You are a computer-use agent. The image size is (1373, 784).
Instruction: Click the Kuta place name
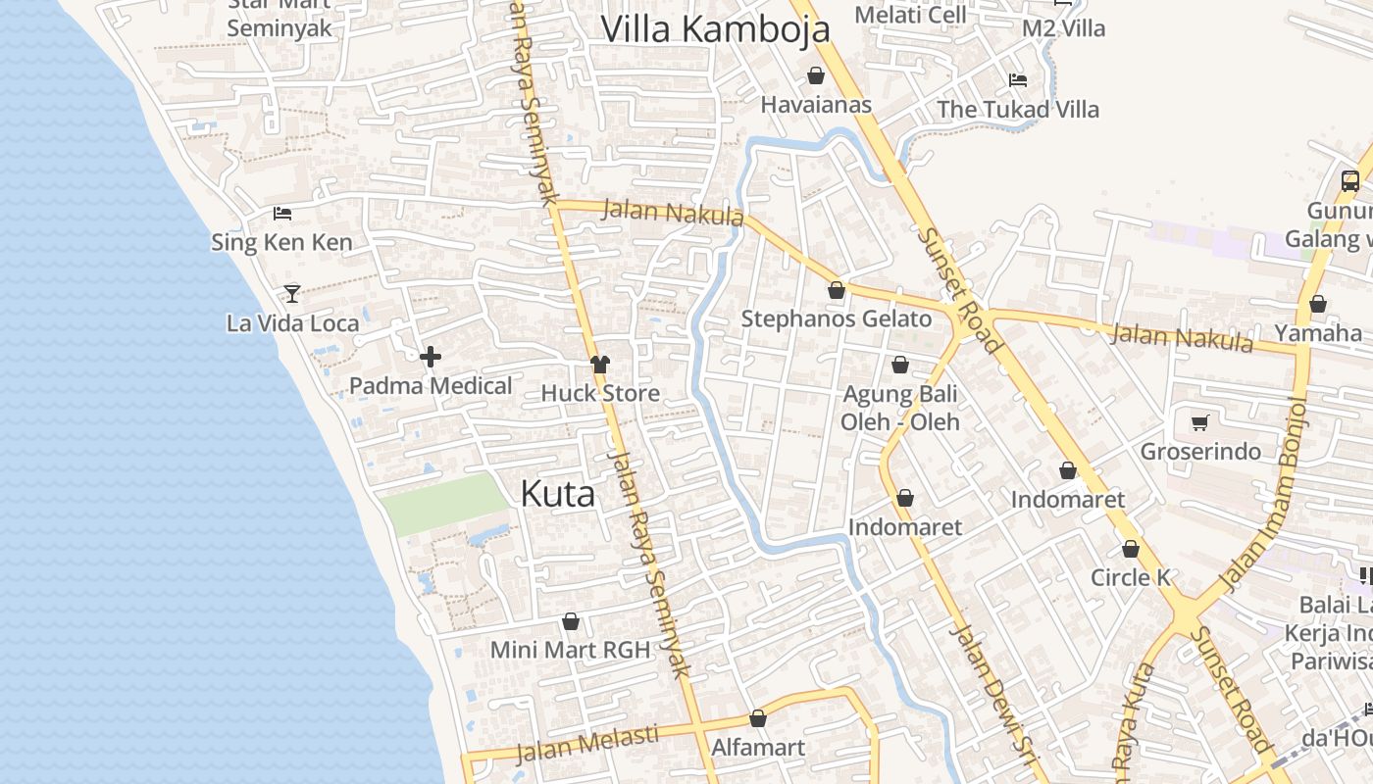click(557, 493)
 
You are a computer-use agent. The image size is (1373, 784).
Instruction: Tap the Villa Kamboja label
click(715, 29)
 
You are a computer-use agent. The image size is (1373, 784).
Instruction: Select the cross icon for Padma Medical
click(430, 358)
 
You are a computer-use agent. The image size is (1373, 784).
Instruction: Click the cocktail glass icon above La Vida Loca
click(291, 293)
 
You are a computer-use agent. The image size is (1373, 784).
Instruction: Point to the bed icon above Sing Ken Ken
click(282, 213)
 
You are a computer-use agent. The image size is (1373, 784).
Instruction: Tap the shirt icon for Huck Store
click(600, 365)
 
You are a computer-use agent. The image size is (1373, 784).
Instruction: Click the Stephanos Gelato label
click(836, 318)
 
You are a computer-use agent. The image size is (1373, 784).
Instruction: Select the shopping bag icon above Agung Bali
click(900, 366)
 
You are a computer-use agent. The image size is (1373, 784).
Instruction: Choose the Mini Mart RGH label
click(570, 650)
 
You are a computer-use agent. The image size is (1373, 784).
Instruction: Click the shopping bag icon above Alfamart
click(758, 719)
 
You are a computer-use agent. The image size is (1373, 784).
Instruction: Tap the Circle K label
click(1131, 577)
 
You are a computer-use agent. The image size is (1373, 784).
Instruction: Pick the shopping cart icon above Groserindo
click(1199, 423)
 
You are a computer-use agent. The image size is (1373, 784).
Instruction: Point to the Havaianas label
click(816, 104)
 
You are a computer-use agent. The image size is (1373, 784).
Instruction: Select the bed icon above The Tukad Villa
click(1018, 80)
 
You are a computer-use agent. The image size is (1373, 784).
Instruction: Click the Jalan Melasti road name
click(586, 743)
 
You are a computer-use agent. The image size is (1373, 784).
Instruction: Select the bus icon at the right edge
click(1350, 181)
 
